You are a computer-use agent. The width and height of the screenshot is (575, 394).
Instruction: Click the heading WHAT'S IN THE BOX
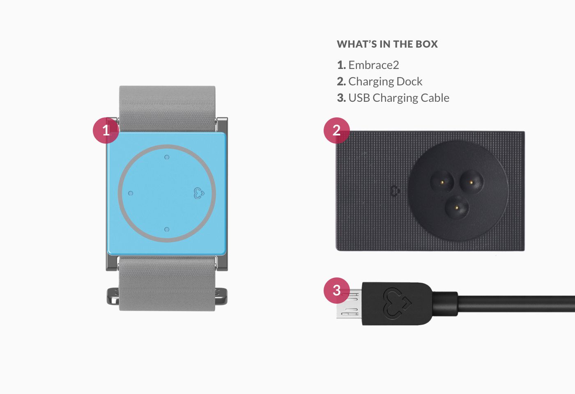click(x=387, y=44)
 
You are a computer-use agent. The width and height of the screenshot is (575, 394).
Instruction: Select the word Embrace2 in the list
click(x=373, y=65)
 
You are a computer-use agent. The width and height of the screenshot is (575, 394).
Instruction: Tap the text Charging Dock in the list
click(x=385, y=82)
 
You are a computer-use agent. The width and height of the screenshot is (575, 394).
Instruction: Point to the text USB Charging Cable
click(x=399, y=98)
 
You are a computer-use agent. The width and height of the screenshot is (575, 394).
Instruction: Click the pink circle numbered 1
click(x=106, y=131)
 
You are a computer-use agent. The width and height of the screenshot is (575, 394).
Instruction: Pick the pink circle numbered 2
click(x=336, y=131)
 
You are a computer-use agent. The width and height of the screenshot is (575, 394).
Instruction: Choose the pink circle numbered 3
click(x=336, y=291)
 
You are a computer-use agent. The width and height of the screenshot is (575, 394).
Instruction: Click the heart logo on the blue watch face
click(x=199, y=193)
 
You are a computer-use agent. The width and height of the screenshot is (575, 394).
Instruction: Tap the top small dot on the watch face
click(x=167, y=157)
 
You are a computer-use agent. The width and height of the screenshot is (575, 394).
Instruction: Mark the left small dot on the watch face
click(x=131, y=193)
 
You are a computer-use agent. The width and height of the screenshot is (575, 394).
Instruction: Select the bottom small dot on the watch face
click(x=167, y=229)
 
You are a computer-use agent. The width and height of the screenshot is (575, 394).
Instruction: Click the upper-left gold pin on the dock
click(x=442, y=183)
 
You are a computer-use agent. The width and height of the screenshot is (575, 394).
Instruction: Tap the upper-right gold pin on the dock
click(x=471, y=183)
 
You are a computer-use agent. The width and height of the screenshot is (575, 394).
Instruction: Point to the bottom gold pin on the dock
click(x=457, y=207)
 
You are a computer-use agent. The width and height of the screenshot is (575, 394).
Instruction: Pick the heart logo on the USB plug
click(x=397, y=303)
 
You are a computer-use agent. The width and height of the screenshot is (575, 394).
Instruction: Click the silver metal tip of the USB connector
click(x=350, y=304)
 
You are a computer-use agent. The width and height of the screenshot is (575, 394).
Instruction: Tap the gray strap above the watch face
click(x=168, y=109)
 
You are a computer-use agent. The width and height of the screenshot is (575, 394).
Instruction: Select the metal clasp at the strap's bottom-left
click(x=113, y=296)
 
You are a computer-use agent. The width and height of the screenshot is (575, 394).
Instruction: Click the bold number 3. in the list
click(x=341, y=98)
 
